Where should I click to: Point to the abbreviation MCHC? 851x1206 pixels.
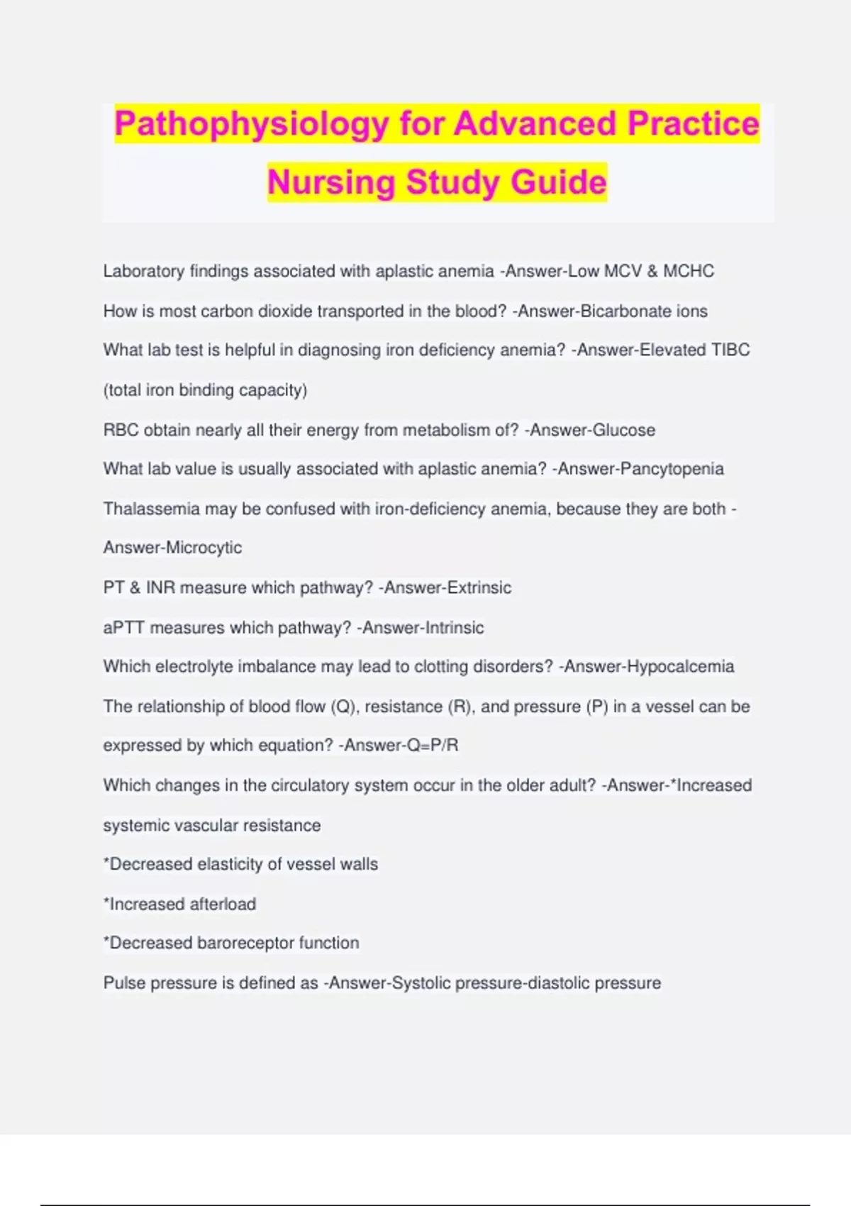[689, 271]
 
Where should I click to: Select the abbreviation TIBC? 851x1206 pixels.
[730, 350]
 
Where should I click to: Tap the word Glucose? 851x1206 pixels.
[624, 430]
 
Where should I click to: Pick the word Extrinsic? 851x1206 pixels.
[479, 587]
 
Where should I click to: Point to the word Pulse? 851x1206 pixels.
[124, 983]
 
